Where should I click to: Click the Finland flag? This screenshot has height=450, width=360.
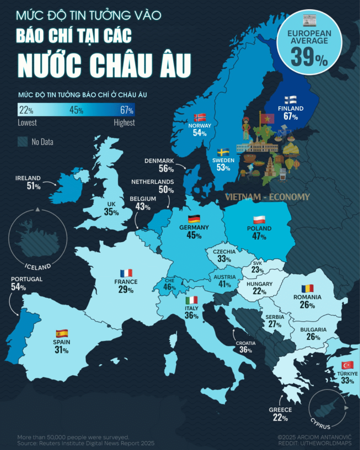point(291,99)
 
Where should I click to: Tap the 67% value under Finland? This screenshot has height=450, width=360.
point(291,116)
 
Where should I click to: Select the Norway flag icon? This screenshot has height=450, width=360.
point(200,117)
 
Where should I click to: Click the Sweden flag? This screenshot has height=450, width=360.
point(223,152)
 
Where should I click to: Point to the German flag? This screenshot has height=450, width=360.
point(194,219)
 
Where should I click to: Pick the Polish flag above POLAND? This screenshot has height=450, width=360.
point(259,220)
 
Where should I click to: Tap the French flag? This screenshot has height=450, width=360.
point(126,273)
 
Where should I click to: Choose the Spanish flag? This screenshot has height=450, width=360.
point(62,333)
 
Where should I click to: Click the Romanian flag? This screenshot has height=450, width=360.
point(307,289)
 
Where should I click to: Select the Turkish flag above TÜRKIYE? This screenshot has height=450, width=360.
point(348,365)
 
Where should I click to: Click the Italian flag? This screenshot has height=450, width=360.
point(191,300)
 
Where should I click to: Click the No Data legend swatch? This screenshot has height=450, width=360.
point(23,142)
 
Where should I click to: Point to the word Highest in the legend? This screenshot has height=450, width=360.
point(124,123)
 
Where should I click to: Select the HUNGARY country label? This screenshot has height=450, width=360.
point(259,284)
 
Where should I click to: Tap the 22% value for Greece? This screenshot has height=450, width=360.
point(280,418)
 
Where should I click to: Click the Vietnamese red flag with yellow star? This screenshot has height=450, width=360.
point(267,119)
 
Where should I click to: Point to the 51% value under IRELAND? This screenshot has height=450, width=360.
point(33,186)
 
